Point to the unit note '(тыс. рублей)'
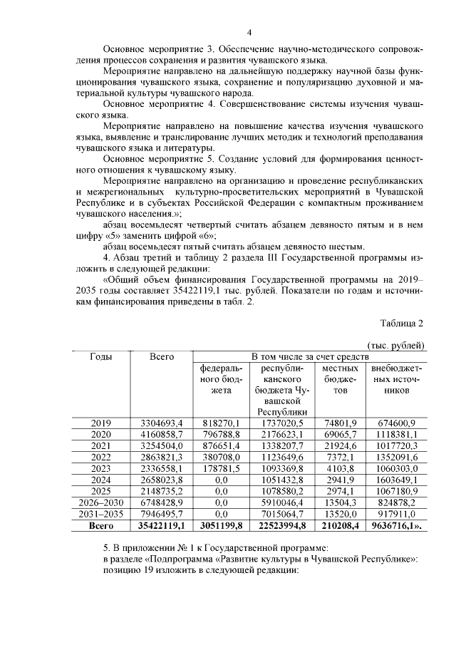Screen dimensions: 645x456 (x=397, y=346)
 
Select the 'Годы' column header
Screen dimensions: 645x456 (x=100, y=356)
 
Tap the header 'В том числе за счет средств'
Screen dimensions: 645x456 (x=310, y=356)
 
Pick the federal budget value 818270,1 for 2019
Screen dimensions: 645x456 (x=220, y=423)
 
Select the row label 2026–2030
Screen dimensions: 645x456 (x=100, y=503)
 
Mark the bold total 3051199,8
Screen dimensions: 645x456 (x=220, y=527)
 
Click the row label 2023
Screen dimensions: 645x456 (x=100, y=469)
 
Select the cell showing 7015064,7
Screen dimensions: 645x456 (x=281, y=515)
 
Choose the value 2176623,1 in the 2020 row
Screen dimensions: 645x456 (x=281, y=435)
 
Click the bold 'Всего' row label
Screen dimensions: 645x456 (x=100, y=527)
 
